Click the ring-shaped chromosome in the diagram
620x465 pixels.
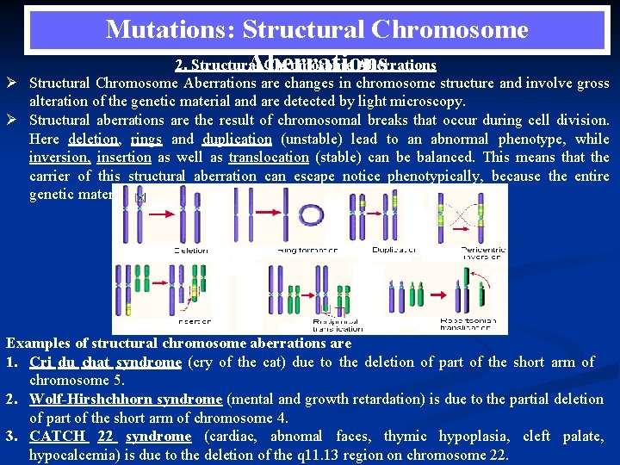pos(308,213)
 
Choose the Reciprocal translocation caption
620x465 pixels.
pos(338,325)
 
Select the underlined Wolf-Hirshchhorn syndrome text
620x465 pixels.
pos(126,399)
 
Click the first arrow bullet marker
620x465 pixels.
pos(15,84)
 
